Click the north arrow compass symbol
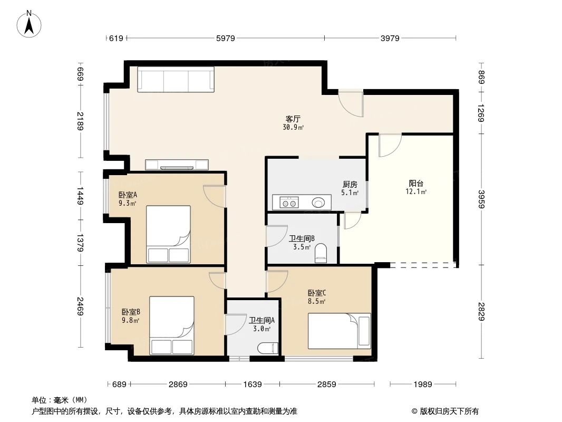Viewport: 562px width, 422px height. click(29, 24)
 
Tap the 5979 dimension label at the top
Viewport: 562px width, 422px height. click(226, 38)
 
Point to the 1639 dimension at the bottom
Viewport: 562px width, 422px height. click(253, 385)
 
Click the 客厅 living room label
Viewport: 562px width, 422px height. click(293, 119)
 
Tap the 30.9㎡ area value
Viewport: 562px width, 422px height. click(293, 127)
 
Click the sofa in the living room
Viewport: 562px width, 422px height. click(176, 79)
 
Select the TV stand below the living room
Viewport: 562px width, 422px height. click(177, 165)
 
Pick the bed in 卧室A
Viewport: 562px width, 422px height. click(169, 234)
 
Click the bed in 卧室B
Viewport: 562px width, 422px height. click(172, 325)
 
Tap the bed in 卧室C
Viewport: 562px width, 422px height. click(340, 331)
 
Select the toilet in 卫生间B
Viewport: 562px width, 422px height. click(321, 253)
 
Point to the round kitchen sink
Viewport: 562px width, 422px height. click(318, 203)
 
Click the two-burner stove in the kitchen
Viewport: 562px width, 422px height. click(289, 203)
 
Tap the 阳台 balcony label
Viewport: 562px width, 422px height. click(416, 183)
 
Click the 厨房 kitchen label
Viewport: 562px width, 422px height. click(350, 184)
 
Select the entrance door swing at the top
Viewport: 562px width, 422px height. click(351, 103)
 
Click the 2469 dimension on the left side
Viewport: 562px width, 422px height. click(80, 306)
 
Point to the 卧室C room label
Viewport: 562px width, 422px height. click(316, 293)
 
